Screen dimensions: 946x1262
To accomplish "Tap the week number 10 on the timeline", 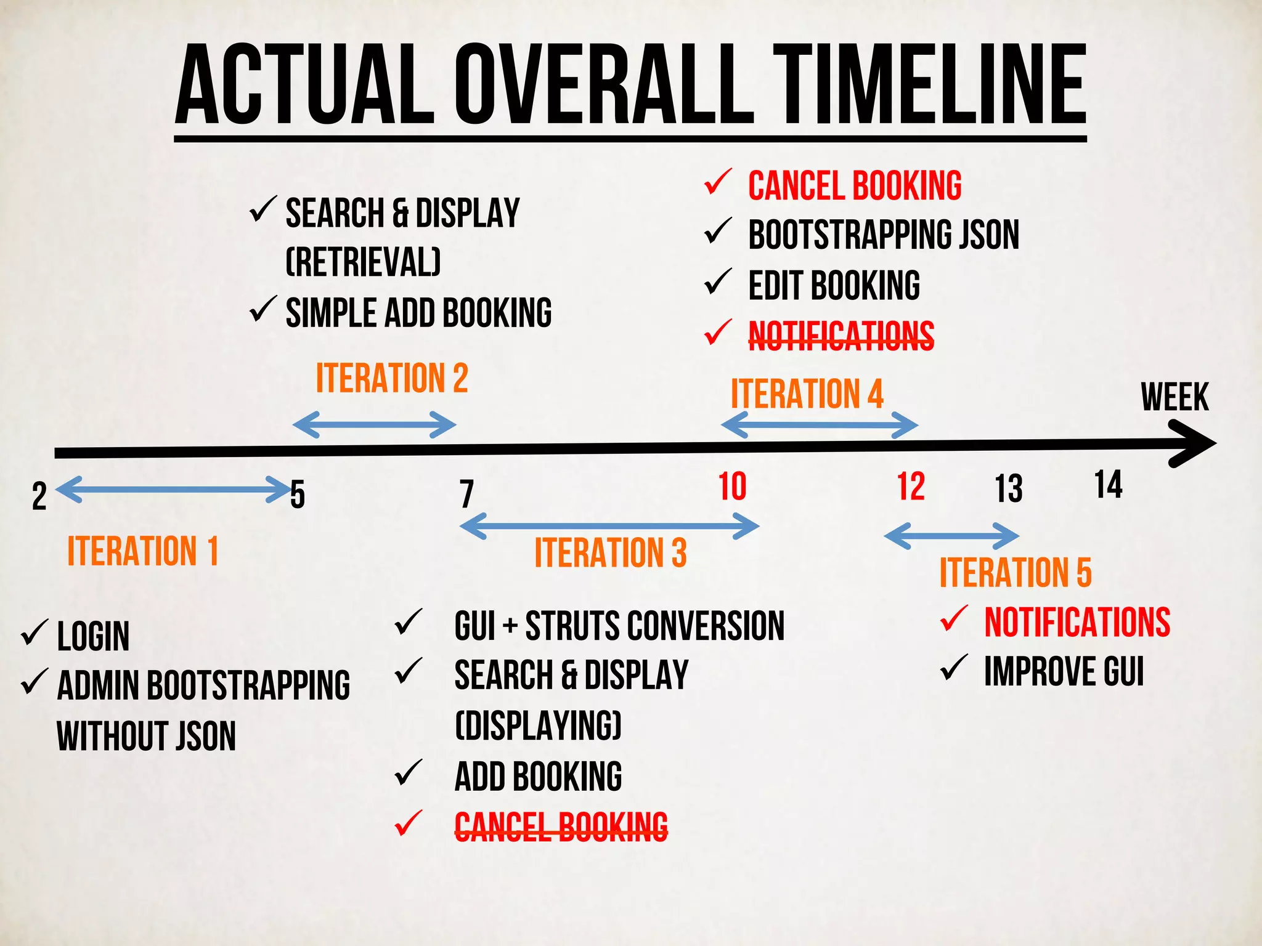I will pos(732,487).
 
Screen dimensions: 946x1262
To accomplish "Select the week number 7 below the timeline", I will pos(466,494).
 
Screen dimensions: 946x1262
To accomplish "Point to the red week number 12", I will pos(911,487).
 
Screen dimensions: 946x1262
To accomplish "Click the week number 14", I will pos(1108,485).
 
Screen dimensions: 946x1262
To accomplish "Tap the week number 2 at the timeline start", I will pos(39,496).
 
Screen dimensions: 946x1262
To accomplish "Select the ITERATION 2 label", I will pos(392,378).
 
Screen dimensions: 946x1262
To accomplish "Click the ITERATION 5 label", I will pos(1015,572).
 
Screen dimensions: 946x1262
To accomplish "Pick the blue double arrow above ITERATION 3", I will pos(609,527).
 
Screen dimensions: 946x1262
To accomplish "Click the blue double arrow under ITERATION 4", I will pos(820,425).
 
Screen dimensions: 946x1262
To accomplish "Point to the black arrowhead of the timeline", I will pos(1192,443).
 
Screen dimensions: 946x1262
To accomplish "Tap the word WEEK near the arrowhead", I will pos(1174,397).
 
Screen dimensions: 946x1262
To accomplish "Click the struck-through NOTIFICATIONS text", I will pos(841,336).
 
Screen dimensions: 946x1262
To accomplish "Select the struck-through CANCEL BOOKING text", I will pos(561,826).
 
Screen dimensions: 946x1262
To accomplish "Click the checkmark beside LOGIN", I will pos(35,633).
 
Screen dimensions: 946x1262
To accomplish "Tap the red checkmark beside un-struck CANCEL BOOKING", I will pos(718,183).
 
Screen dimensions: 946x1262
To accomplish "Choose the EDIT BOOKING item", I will pos(834,285).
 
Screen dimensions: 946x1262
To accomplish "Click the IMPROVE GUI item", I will pos(1064,671).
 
